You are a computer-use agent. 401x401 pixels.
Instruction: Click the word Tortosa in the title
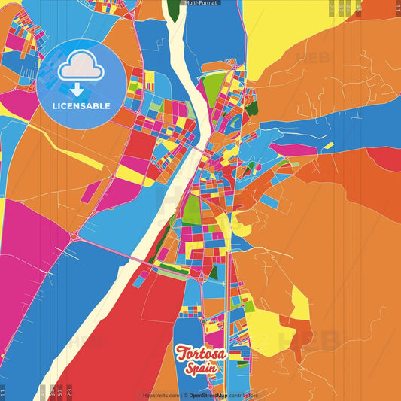point(202,352)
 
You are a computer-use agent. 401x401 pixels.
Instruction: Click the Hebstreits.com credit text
point(161,396)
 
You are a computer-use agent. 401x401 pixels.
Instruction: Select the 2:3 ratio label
point(69,392)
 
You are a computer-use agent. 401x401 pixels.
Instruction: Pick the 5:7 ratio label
point(59,392)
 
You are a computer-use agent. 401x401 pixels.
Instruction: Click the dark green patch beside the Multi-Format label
point(174,9)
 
